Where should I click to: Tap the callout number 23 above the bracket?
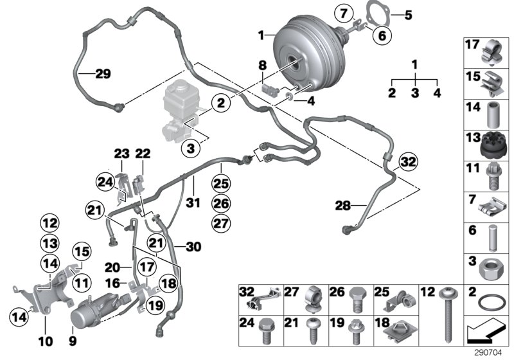pyautogui.click(x=121, y=154)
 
